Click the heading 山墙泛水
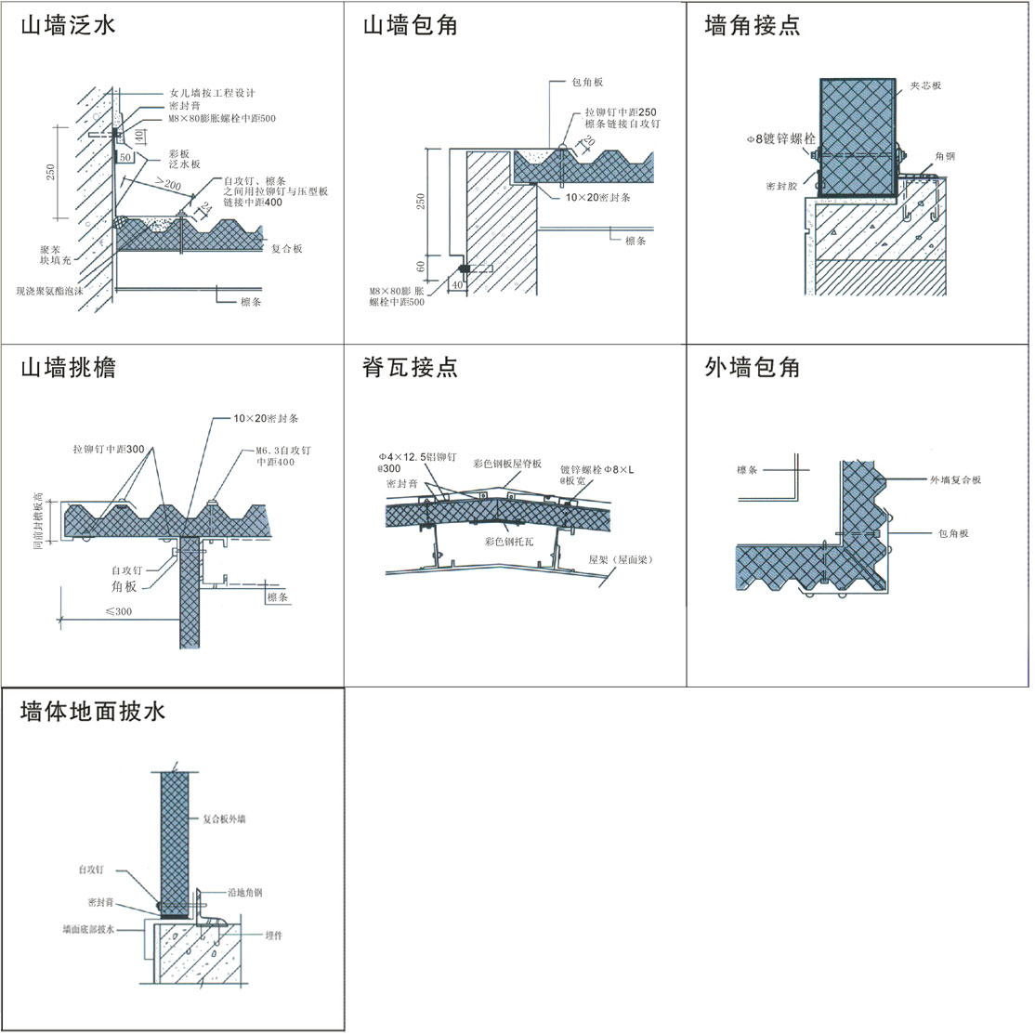[68, 25]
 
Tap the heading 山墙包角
[410, 25]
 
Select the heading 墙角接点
[753, 25]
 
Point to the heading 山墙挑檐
[68, 368]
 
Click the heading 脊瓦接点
[410, 368]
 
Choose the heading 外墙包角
[753, 368]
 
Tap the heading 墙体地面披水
[93, 712]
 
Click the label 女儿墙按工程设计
[212, 93]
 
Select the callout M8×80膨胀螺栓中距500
[221, 119]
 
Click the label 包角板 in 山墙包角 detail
[587, 83]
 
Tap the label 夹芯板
[925, 85]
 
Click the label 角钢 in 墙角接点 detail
[945, 157]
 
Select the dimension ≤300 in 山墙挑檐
[118, 611]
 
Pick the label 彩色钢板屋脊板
[507, 463]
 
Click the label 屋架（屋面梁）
[621, 561]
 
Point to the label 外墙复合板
[955, 480]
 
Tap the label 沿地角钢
[245, 893]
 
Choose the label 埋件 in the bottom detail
[273, 936]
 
